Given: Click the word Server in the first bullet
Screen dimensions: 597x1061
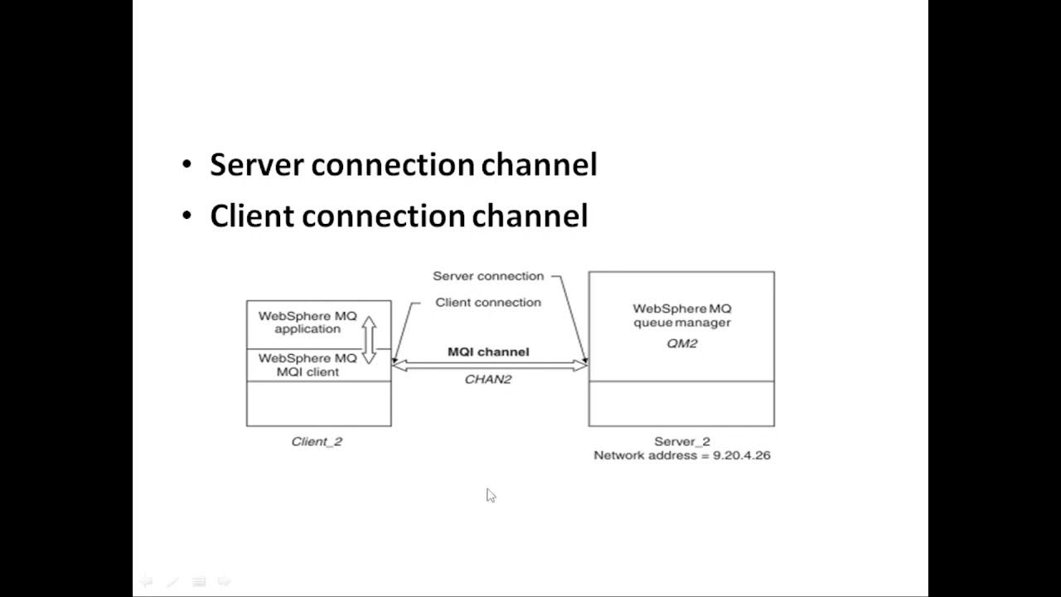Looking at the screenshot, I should pos(257,165).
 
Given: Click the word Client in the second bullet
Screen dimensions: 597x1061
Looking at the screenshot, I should pos(252,216).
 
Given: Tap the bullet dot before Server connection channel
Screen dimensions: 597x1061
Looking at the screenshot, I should pos(187,166).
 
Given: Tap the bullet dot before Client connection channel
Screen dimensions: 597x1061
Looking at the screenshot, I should pos(187,217).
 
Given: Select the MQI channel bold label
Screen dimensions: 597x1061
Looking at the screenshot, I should pos(487,352).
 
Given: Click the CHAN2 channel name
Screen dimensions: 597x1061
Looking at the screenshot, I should pos(487,379).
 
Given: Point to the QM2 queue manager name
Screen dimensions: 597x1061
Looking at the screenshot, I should pos(681,343).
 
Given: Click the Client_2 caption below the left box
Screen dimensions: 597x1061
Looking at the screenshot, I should pos(317,441).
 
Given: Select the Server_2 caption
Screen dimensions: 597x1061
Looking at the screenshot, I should pos(681,441).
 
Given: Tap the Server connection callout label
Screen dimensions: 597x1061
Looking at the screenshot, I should pos(487,276).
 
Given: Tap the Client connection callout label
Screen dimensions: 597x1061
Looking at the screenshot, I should pos(487,303).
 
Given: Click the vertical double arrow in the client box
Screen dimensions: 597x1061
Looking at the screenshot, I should pos(369,339).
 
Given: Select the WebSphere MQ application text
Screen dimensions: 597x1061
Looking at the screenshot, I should pos(308,323).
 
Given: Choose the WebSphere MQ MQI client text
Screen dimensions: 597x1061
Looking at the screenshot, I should pos(308,365).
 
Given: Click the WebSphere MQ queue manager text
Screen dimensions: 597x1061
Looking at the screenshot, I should pos(681,315).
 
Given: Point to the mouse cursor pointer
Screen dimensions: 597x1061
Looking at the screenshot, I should pos(490,495).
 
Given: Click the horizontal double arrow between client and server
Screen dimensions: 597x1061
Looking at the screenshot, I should pos(489,366).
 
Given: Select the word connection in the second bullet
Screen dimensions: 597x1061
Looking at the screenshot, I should pos(383,216).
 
